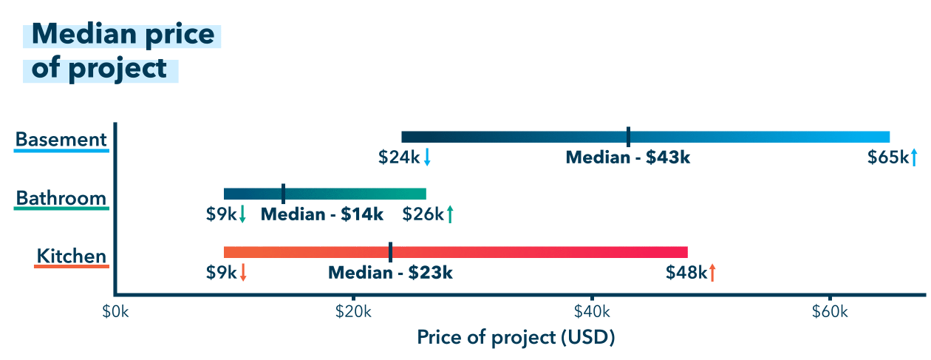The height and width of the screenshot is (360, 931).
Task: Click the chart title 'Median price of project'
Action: click(122, 51)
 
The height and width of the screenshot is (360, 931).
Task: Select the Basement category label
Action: click(61, 139)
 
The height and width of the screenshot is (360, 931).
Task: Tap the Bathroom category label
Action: click(61, 198)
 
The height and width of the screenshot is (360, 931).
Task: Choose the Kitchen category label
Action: click(72, 257)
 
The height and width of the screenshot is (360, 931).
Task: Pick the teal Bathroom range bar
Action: click(355, 194)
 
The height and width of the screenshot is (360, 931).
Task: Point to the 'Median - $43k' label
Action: click(627, 157)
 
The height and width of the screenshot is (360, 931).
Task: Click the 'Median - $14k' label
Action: click(322, 214)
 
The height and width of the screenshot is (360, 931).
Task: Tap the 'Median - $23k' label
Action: click(390, 272)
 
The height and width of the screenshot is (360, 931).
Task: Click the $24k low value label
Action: click(399, 157)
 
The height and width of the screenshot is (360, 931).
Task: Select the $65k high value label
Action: click(887, 157)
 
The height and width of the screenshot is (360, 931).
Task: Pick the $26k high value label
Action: click(423, 214)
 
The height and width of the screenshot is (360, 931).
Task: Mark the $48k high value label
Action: click(686, 272)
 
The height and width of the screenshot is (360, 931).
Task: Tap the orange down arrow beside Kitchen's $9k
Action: click(243, 272)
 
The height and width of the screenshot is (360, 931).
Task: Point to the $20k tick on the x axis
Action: click(353, 312)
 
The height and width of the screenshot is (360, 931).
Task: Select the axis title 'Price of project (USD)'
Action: click(516, 338)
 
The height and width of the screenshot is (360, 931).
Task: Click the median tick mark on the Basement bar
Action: click(628, 137)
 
